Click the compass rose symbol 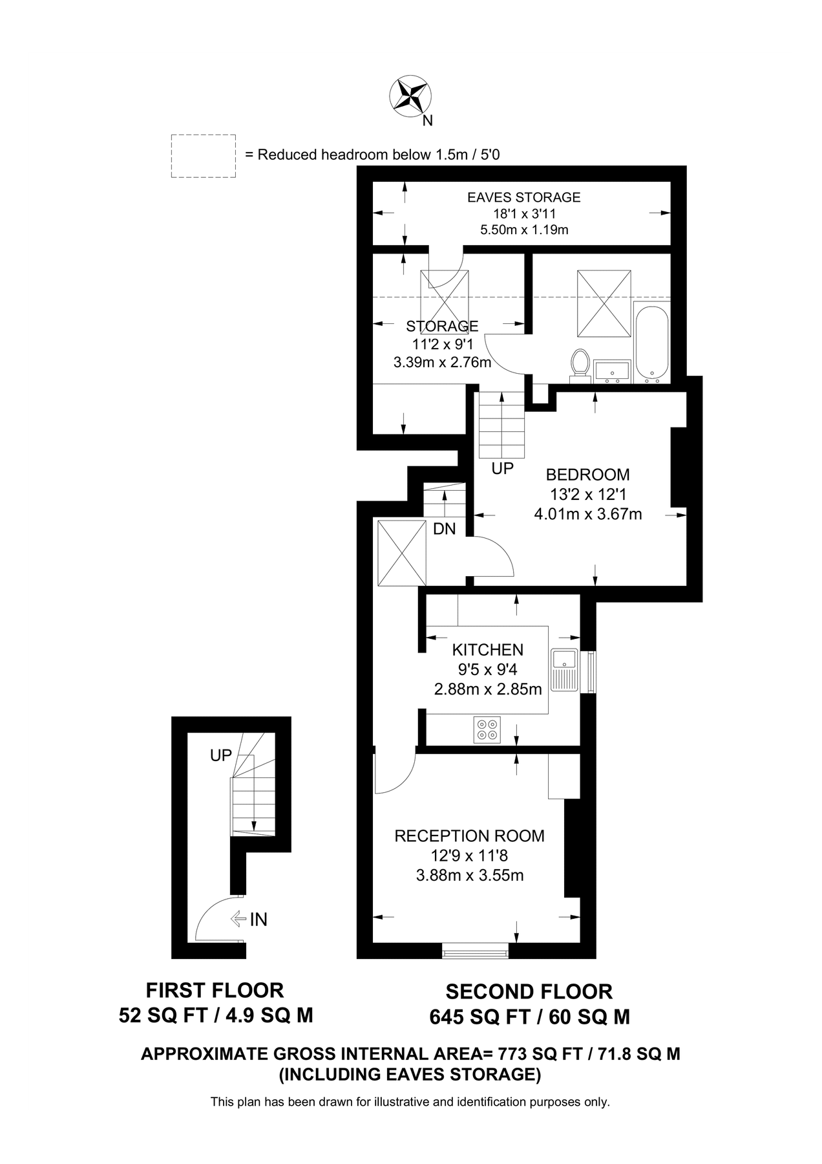410,96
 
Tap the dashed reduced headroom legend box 203,156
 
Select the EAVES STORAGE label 523,197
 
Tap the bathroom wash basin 611,371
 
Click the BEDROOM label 587,475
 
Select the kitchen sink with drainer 564,669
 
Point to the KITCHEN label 487,650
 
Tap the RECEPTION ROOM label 469,836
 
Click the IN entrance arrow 249,919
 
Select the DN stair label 444,529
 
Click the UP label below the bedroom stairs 502,469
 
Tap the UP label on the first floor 221,755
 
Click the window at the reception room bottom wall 475,950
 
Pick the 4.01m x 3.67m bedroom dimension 587,515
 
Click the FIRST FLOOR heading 215,990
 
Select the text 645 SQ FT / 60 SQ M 529,1017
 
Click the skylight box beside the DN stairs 401,552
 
